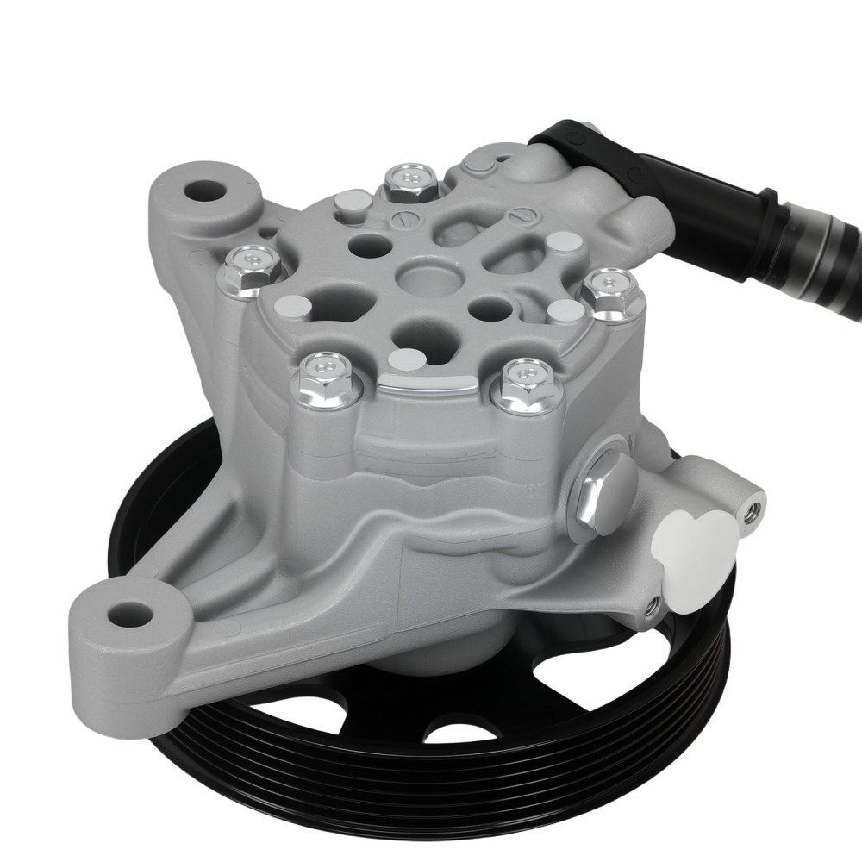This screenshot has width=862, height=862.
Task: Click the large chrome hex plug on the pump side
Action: tap(606, 494)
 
